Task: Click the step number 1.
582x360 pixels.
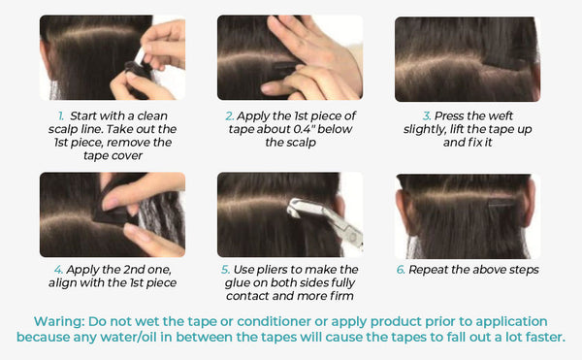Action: click(61, 115)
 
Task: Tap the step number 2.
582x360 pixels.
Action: click(230, 116)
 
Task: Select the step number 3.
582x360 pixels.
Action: click(427, 116)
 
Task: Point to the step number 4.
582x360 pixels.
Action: click(58, 270)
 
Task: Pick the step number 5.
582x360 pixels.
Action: click(226, 270)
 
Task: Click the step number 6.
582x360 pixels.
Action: click(401, 270)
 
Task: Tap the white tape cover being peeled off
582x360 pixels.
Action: click(141, 55)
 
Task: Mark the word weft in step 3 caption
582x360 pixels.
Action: click(501, 116)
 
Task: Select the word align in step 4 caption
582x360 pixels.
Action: click(62, 283)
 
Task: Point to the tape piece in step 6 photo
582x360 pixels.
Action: click(501, 203)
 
